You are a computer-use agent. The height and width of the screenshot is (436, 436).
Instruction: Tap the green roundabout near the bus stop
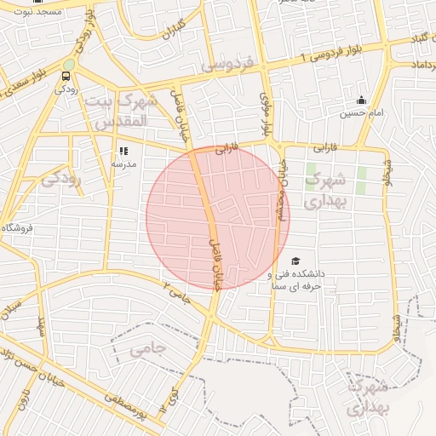coord(68,64)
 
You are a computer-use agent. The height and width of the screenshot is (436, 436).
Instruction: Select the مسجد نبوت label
coord(37,11)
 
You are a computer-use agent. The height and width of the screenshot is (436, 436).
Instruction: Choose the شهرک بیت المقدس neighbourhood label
coord(123,111)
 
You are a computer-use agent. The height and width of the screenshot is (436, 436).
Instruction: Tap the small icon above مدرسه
coord(123,151)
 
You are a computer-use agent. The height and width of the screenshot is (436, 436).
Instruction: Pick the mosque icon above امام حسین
coord(361,100)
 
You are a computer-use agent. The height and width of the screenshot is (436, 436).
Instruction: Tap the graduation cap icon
coord(295,261)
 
